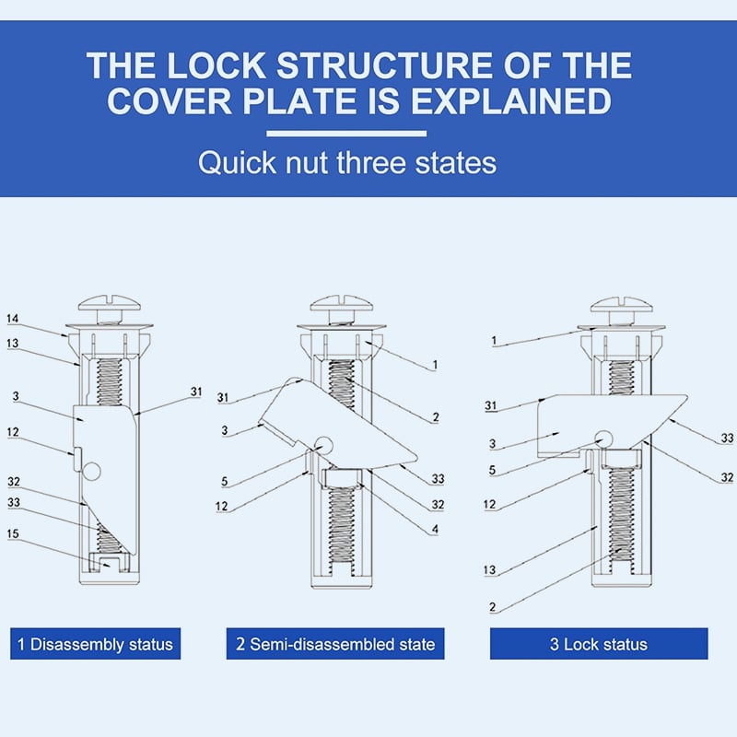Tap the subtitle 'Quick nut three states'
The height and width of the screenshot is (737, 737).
(347, 163)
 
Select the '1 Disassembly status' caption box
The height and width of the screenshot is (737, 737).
(96, 644)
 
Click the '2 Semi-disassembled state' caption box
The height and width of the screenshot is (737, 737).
(335, 644)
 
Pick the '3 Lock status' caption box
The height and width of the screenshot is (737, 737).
(599, 644)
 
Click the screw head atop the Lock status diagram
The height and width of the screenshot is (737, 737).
(619, 304)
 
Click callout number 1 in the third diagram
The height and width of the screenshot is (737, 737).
(495, 340)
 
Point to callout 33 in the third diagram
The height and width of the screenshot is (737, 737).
(728, 439)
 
